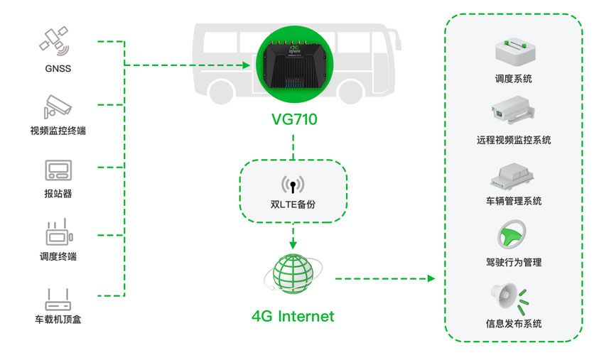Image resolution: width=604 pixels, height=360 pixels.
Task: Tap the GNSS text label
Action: (58, 69)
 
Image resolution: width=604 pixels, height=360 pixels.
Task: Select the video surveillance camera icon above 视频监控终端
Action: (57, 106)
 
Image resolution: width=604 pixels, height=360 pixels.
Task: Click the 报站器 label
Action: (58, 193)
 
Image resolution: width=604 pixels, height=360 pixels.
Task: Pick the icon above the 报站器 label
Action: (58, 170)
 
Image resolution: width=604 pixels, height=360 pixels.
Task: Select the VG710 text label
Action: (293, 120)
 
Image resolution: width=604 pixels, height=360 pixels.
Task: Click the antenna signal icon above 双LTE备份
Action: (293, 185)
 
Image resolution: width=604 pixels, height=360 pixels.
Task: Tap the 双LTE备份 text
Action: (293, 204)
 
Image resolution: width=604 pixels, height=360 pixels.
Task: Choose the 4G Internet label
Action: (293, 316)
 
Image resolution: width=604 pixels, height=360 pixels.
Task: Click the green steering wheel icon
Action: (513, 234)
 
